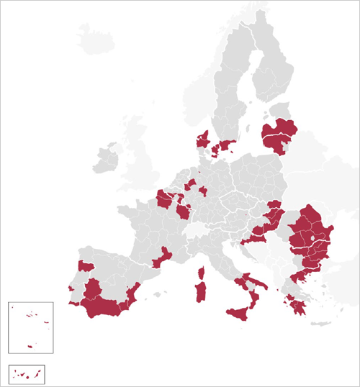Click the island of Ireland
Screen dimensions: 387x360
pos(106,158)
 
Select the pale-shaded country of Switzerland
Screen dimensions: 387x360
pos(196,230)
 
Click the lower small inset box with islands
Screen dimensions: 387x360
pos(27,373)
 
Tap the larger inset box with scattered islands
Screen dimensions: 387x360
pos(31,327)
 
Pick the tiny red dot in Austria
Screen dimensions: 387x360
pos(247,213)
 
